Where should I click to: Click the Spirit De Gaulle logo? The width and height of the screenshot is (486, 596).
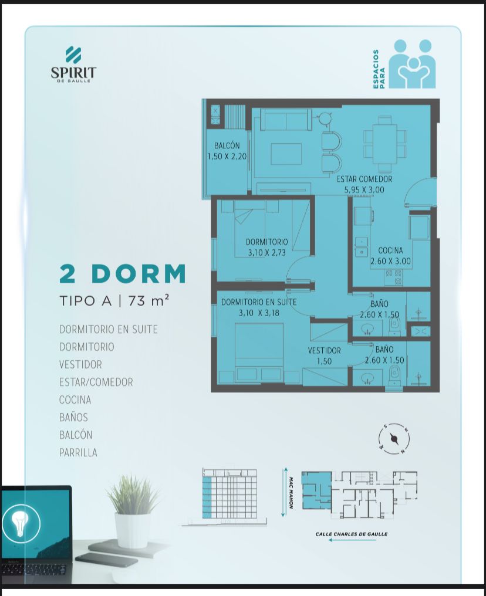pyautogui.click(x=73, y=65)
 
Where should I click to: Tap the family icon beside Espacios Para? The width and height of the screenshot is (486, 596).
pyautogui.click(x=412, y=64)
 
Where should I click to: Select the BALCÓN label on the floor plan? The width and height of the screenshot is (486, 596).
pyautogui.click(x=227, y=145)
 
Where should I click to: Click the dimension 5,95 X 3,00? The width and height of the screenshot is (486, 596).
pyautogui.click(x=365, y=189)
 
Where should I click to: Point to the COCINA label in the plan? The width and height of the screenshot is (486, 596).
pyautogui.click(x=390, y=250)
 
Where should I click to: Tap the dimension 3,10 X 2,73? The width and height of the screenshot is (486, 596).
pyautogui.click(x=266, y=252)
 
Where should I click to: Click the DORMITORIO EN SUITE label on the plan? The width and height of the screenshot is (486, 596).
pyautogui.click(x=259, y=302)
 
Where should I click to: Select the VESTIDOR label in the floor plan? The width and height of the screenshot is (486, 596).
pyautogui.click(x=325, y=350)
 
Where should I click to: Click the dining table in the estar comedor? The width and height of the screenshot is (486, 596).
pyautogui.click(x=385, y=144)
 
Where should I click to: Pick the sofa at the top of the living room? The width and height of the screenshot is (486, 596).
pyautogui.click(x=286, y=120)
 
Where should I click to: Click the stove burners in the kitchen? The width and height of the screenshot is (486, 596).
pyautogui.click(x=393, y=277)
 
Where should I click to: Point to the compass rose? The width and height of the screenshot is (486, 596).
pyautogui.click(x=394, y=439)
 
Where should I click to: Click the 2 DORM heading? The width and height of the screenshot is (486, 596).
pyautogui.click(x=123, y=273)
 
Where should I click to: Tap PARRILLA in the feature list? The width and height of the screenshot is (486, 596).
pyautogui.click(x=78, y=452)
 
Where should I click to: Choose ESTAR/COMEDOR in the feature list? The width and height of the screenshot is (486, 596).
pyautogui.click(x=96, y=382)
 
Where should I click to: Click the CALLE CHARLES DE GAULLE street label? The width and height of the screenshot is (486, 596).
pyautogui.click(x=352, y=534)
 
